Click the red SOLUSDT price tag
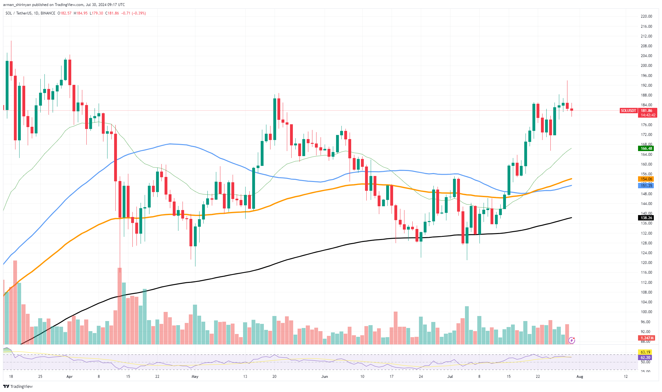click(628, 111)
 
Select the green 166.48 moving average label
click(646, 149)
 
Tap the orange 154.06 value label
click(646, 179)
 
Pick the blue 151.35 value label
click(646, 186)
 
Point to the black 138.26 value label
click(646, 218)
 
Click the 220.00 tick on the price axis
click(646, 16)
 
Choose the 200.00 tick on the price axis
click(646, 66)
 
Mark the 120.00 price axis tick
click(646, 263)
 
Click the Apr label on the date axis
click(70, 377)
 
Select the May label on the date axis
click(195, 377)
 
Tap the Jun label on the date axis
click(324, 377)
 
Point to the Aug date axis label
click(580, 377)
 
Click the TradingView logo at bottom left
click(18, 386)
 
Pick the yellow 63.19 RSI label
click(645, 352)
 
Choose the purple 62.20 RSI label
click(645, 358)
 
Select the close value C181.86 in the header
click(112, 13)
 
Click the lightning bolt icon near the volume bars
click(572, 340)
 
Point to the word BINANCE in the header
click(48, 13)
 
